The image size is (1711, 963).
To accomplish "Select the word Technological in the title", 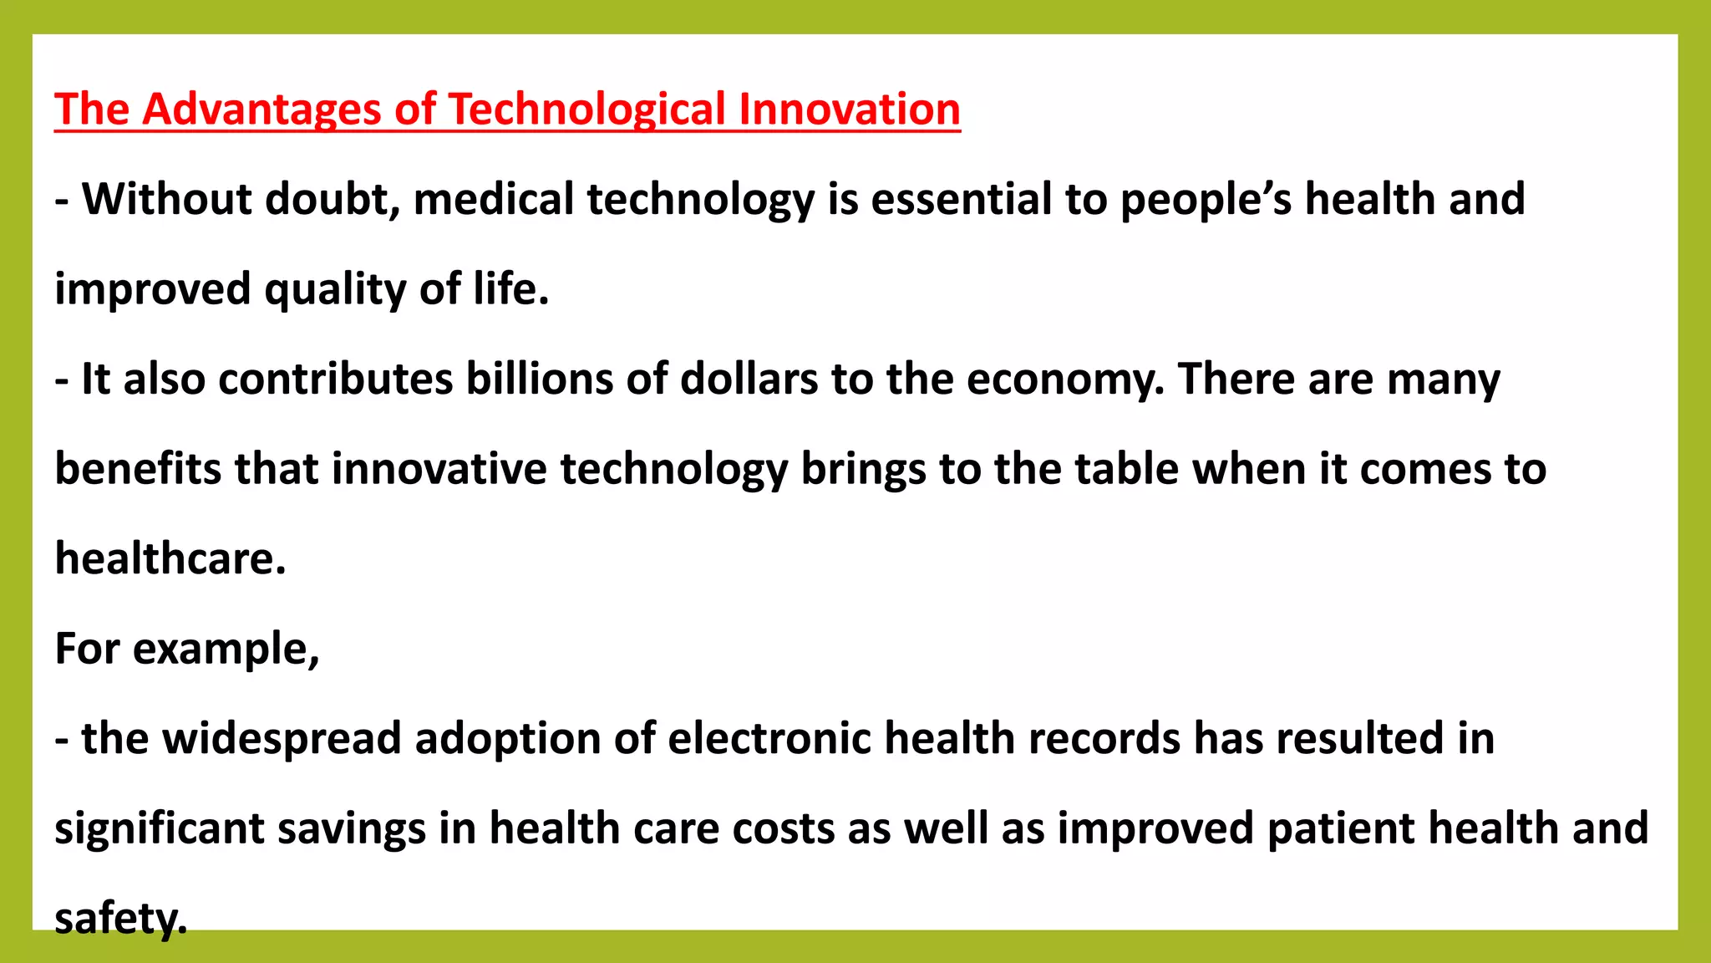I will [587, 110].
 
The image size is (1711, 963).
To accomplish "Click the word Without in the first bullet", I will [166, 199].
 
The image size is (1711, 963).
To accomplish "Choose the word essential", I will [961, 199].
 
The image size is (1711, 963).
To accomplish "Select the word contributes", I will [336, 379].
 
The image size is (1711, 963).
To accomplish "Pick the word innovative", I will [439, 468].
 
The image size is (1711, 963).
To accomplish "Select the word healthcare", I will [170, 558].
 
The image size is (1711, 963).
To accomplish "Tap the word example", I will [226, 650].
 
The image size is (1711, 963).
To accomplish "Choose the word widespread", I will [282, 739].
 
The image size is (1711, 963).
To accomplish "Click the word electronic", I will [769, 739].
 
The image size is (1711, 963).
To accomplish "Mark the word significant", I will [159, 828].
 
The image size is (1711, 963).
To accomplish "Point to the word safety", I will [120, 919].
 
